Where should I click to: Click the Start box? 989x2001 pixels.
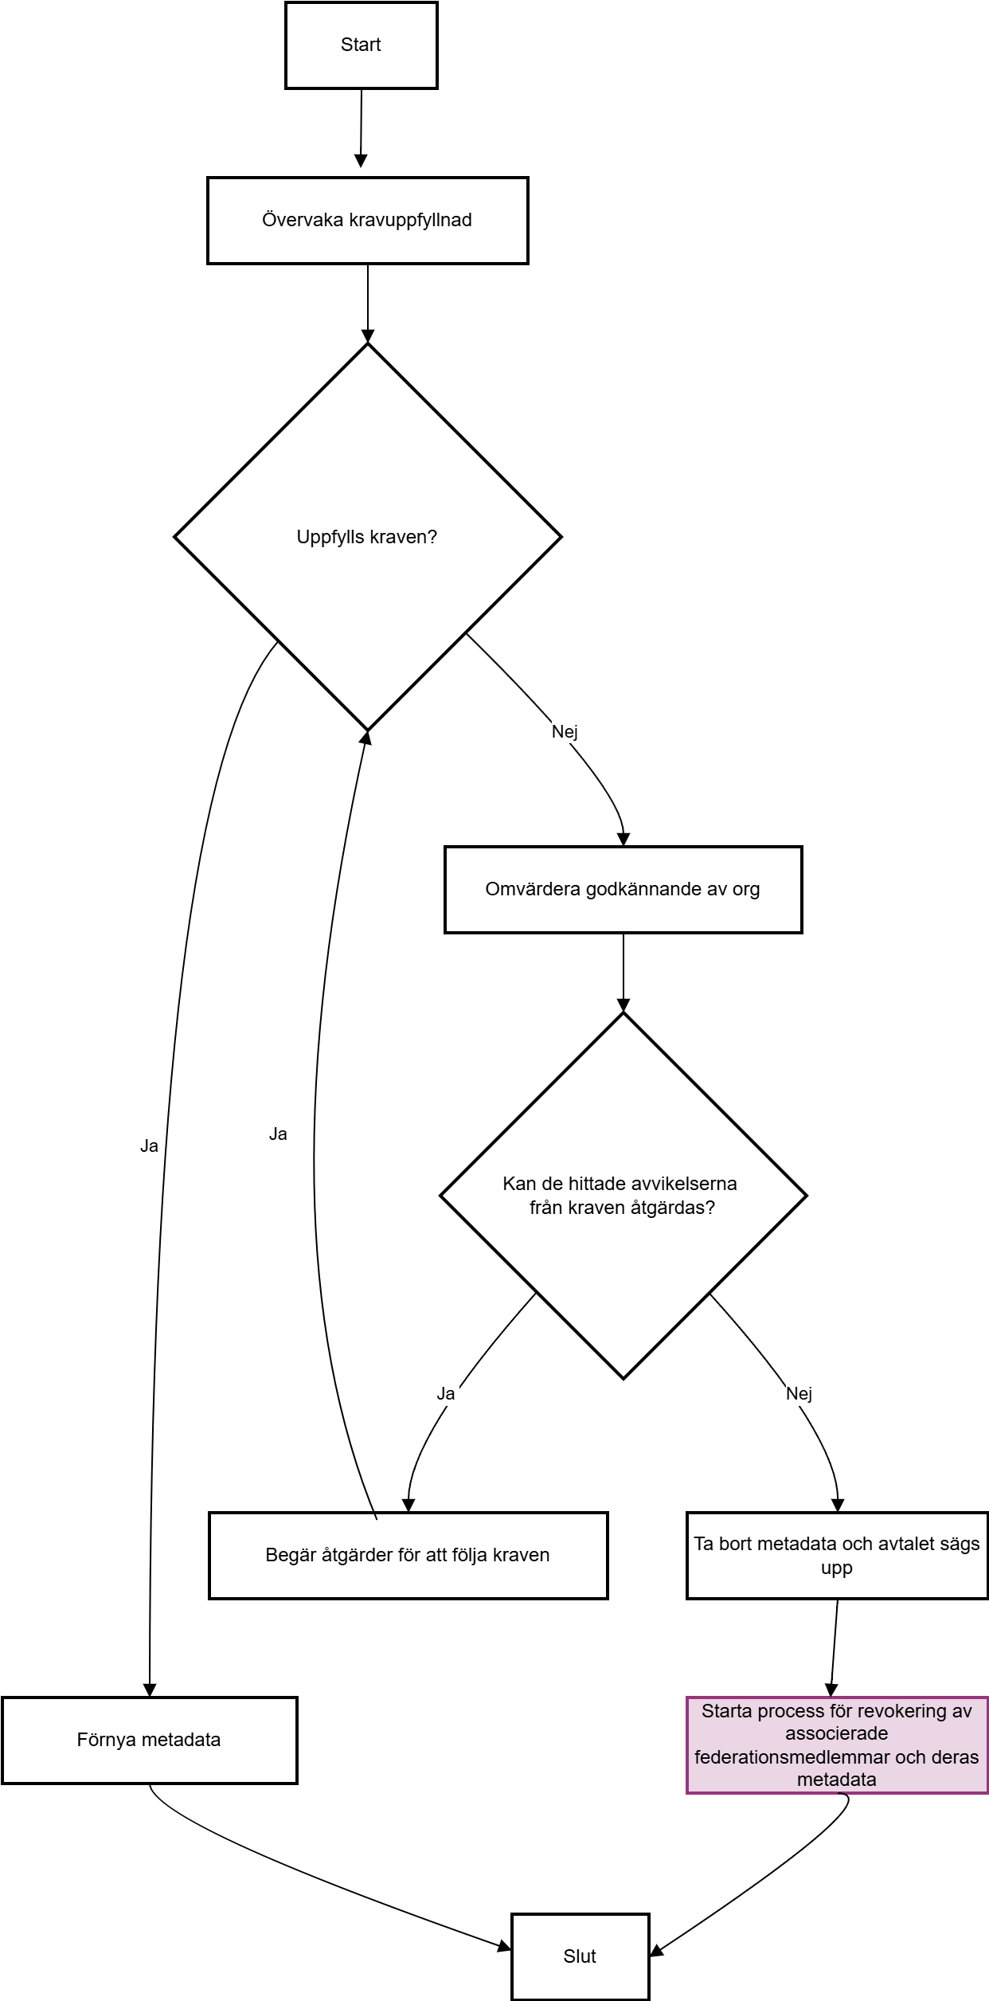pos(362,45)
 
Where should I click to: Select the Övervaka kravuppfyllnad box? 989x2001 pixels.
pos(368,221)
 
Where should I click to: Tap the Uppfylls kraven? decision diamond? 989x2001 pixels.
pos(368,537)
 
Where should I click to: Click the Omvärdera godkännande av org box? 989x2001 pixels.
pos(623,890)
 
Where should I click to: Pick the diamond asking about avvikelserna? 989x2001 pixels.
pos(623,1196)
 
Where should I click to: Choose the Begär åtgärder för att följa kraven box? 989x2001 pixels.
pos(408,1556)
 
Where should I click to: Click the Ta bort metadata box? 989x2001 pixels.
pos(837,1556)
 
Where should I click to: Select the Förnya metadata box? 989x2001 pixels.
pos(150,1741)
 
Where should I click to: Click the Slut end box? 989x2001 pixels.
pos(580,1956)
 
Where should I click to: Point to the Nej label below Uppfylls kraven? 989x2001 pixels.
pos(565,731)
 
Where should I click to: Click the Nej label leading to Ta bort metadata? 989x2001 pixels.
pos(799,1393)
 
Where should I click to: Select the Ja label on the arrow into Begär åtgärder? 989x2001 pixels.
pos(446,1393)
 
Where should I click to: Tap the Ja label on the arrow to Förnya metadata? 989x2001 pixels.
pos(149,1145)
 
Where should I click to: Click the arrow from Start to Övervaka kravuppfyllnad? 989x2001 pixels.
pos(361,128)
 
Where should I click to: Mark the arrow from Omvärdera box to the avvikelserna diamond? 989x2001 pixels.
pos(623,973)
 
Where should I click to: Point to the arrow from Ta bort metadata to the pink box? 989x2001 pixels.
pos(835,1648)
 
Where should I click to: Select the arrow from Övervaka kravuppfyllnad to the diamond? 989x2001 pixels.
pos(368,303)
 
